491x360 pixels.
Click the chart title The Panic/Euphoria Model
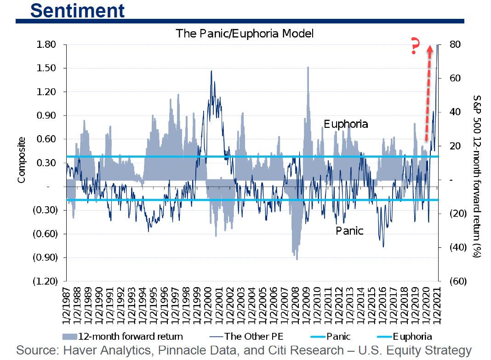click(244, 34)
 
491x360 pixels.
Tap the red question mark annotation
click(416, 47)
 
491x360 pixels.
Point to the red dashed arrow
click(428, 92)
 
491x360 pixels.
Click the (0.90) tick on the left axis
click(45, 257)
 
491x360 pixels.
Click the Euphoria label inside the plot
click(346, 124)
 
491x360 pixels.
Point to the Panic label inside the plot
click(349, 230)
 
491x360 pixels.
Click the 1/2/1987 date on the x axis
click(68, 303)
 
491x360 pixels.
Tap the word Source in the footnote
click(35, 350)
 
